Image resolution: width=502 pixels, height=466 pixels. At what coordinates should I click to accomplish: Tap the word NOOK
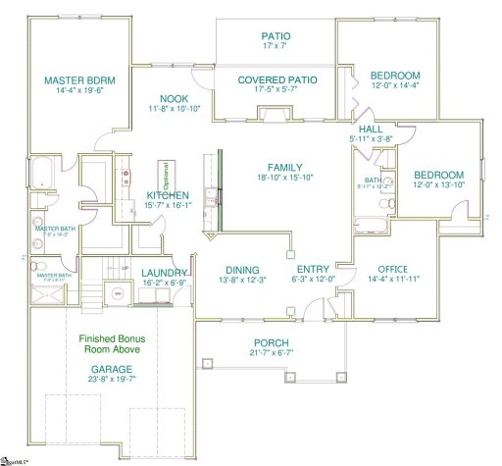(175, 98)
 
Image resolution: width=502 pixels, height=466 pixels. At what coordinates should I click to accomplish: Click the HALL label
(371, 129)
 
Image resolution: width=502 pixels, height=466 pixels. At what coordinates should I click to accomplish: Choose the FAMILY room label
(285, 167)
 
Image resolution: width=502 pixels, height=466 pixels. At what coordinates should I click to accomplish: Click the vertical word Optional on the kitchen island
(167, 176)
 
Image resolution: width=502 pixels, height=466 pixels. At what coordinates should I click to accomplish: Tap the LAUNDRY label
(164, 273)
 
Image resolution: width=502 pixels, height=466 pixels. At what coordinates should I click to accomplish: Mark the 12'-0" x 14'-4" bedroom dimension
(394, 86)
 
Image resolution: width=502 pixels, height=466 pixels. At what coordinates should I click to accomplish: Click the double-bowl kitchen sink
(125, 178)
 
